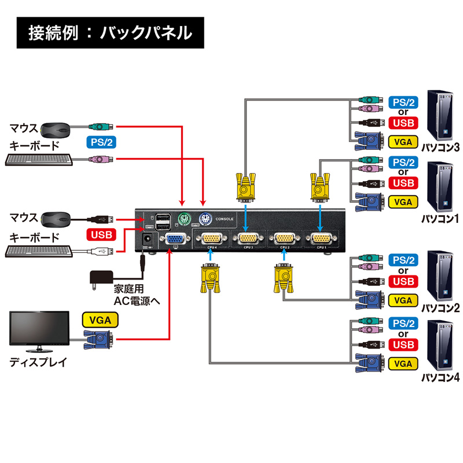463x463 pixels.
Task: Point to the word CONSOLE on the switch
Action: click(x=225, y=219)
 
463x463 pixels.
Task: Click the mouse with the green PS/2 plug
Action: click(x=56, y=128)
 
